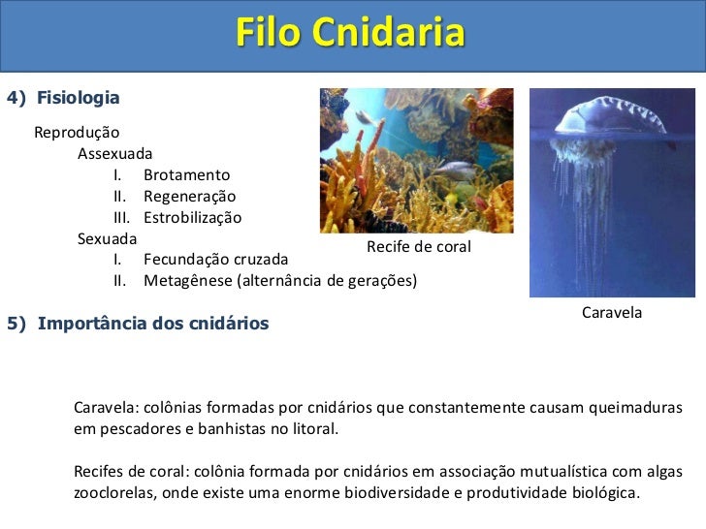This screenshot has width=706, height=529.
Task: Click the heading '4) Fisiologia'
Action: (x=63, y=98)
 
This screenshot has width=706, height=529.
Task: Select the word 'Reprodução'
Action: (x=77, y=132)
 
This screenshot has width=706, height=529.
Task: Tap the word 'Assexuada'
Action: (x=114, y=153)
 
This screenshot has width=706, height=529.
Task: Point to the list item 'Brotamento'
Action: (x=186, y=175)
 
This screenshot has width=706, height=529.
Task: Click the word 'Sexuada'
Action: (x=107, y=238)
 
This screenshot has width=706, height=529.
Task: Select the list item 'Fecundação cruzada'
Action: (x=215, y=260)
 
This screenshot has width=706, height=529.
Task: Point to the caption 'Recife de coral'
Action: (x=419, y=247)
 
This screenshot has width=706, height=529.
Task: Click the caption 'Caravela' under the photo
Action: (x=612, y=312)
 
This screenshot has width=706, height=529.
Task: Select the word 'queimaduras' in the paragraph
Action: (x=635, y=407)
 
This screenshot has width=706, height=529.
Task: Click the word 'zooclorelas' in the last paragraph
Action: (x=113, y=491)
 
